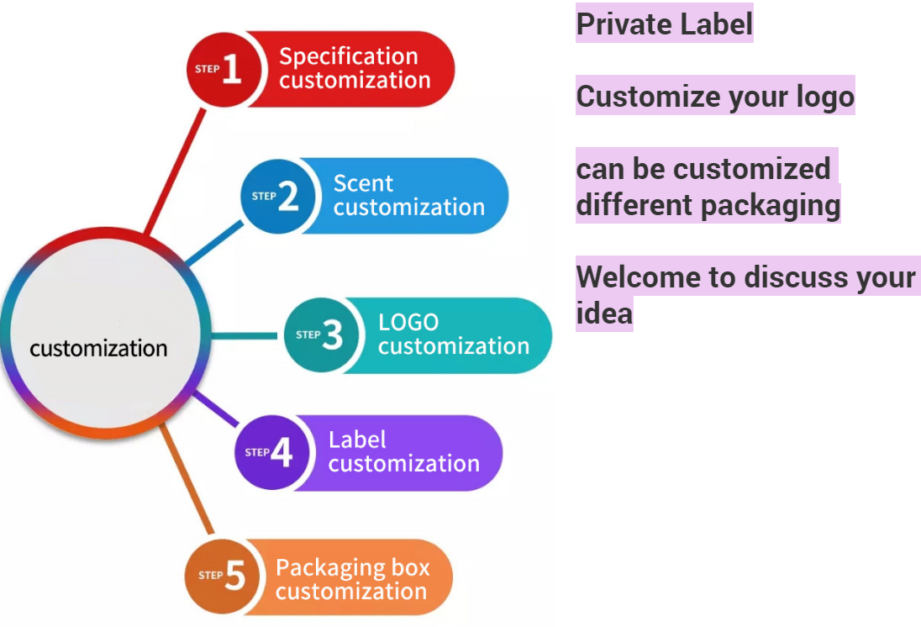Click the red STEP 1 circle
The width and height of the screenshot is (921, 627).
click(x=221, y=70)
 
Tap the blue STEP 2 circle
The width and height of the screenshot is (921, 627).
click(x=276, y=197)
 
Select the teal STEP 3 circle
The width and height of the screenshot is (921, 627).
click(x=320, y=335)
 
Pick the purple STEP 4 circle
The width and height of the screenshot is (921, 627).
click(x=270, y=453)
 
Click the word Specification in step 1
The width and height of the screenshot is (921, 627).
click(x=349, y=57)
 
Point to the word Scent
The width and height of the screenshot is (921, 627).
click(x=363, y=183)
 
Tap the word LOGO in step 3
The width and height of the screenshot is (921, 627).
click(x=408, y=323)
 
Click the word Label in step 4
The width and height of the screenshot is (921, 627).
click(x=357, y=440)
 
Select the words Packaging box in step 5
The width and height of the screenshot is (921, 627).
click(x=352, y=567)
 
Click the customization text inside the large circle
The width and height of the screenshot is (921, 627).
click(x=98, y=348)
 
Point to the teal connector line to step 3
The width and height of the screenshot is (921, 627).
click(x=244, y=336)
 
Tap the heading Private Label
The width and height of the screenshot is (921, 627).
click(x=664, y=24)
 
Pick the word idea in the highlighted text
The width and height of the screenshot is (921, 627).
click(x=603, y=313)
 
